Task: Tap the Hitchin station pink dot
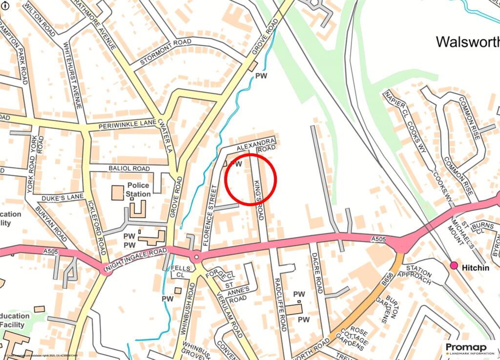coord(454,265)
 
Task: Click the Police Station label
coord(139,190)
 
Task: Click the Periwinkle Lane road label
coord(126,126)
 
